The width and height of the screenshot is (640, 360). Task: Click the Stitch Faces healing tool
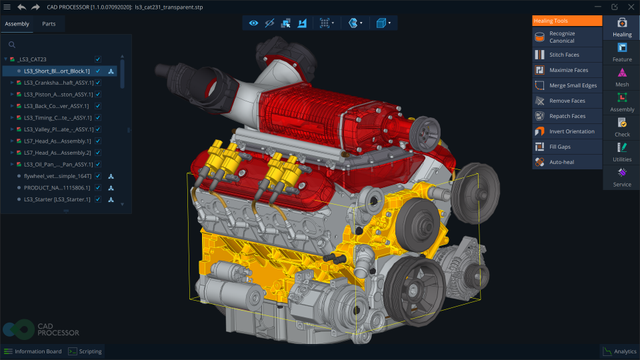pos(564,55)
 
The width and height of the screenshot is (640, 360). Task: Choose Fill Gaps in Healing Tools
pos(559,147)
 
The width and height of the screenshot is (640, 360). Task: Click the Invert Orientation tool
pos(571,131)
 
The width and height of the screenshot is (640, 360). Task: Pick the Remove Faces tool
pos(567,101)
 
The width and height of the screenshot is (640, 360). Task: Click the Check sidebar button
pos(621,127)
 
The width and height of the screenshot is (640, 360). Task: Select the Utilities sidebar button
pos(621,152)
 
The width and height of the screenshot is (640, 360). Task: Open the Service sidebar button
pos(621,177)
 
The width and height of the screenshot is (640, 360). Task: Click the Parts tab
pos(49,24)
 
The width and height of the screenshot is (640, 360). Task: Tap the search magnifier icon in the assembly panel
pos(12,45)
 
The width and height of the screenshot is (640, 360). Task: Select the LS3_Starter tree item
pos(57,199)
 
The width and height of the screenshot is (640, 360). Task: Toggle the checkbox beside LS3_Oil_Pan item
pos(98,164)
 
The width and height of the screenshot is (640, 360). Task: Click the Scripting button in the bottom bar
pos(86,351)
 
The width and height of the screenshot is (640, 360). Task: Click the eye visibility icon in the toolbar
pos(253,23)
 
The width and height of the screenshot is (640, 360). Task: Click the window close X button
pos(630,7)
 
